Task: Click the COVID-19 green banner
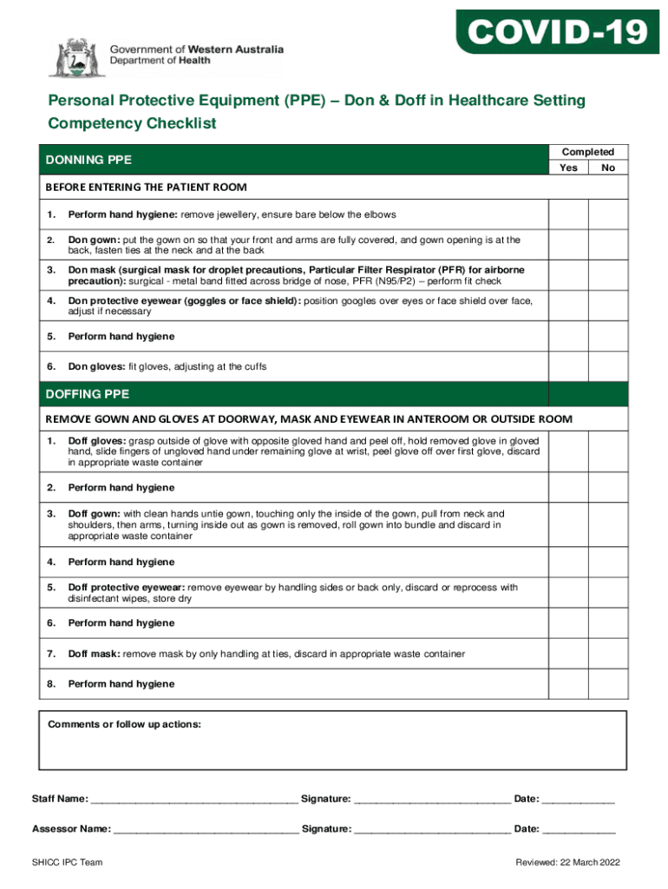[558, 32]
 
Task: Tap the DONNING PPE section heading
[88, 160]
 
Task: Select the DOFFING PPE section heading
[88, 394]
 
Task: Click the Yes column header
[568, 168]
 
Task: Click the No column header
[608, 168]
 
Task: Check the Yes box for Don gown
[568, 245]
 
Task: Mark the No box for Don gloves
[608, 366]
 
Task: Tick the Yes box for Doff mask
[568, 654]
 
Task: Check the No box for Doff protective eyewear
[608, 593]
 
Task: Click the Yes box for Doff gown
[568, 525]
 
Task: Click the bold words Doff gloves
[97, 441]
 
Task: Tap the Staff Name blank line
[193, 800]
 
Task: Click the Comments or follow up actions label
[124, 724]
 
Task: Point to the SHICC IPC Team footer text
[68, 862]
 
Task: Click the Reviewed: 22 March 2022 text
[568, 862]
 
